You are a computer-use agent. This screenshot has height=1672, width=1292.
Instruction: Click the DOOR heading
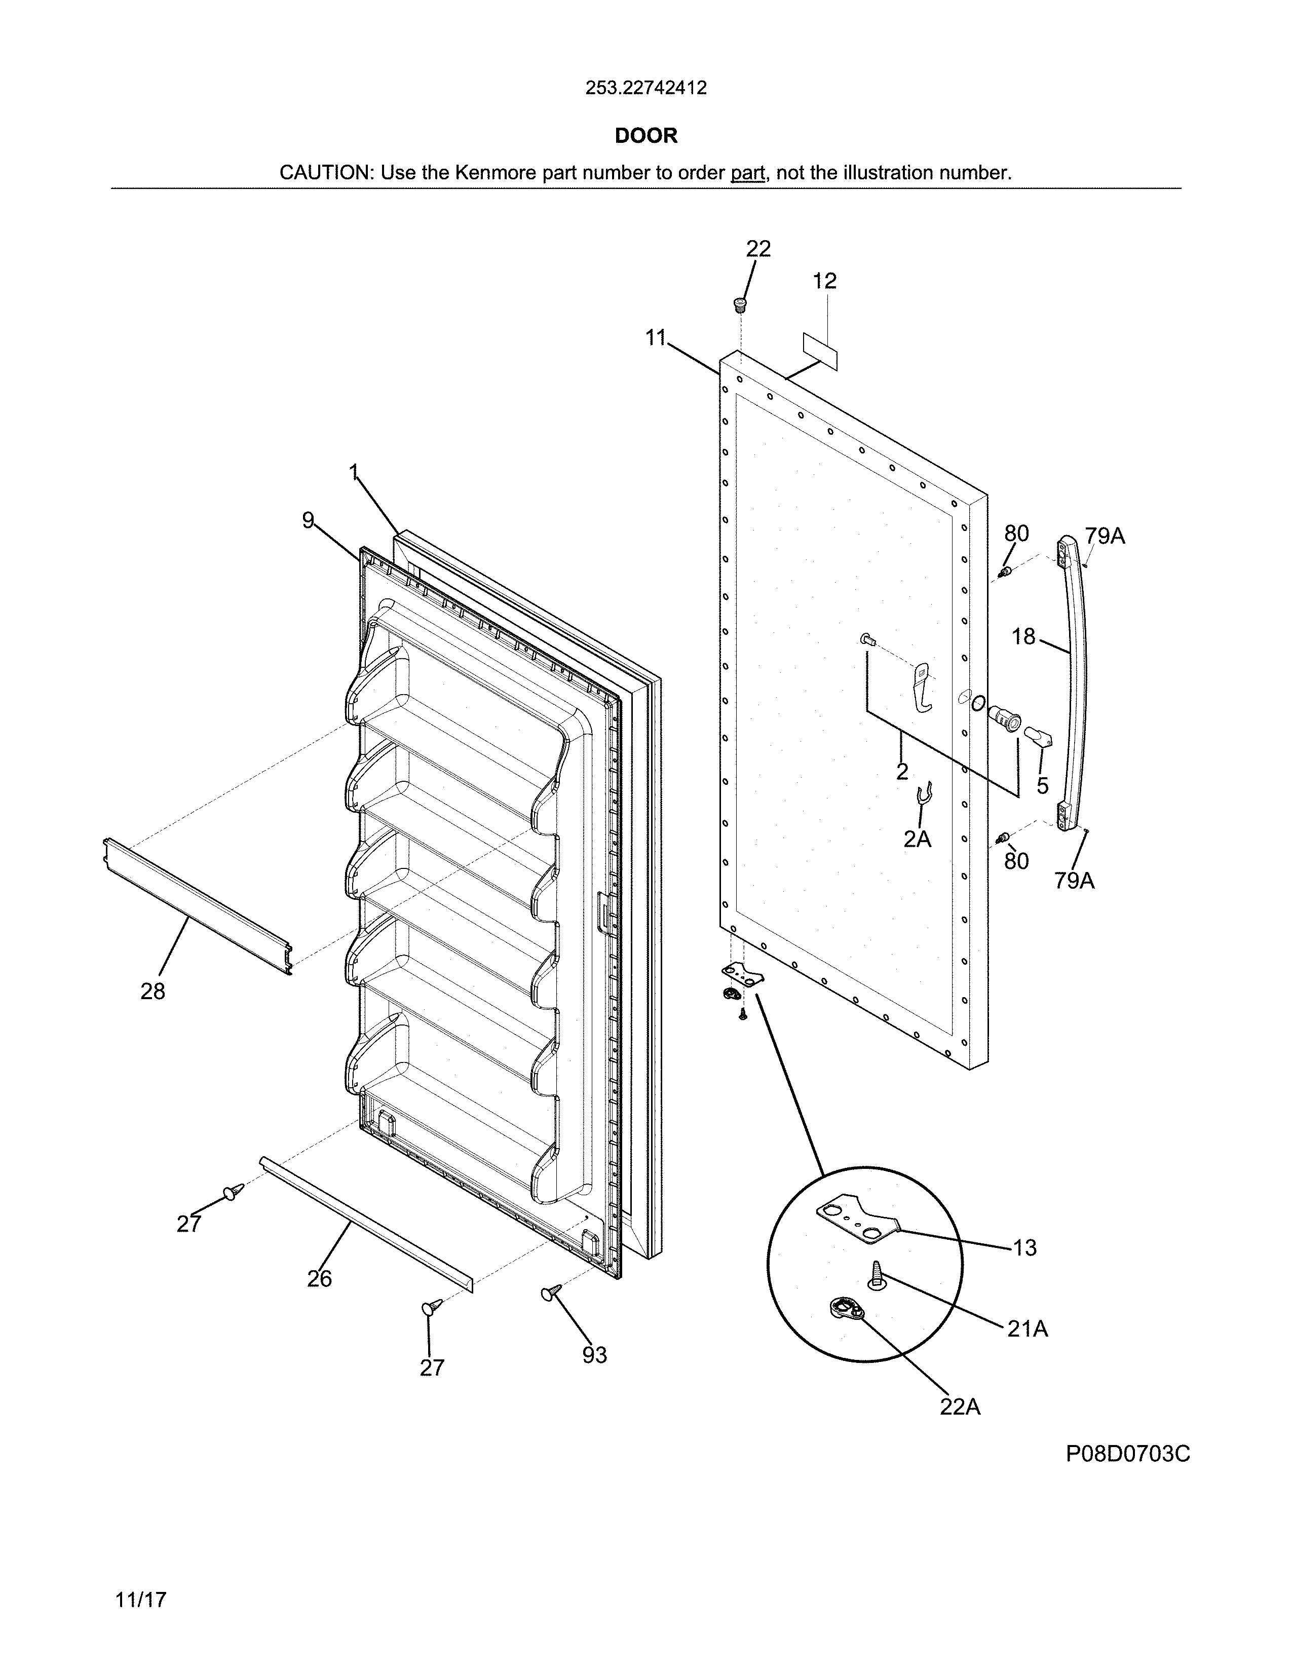tap(646, 135)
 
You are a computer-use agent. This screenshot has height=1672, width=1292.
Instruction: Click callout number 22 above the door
tap(758, 248)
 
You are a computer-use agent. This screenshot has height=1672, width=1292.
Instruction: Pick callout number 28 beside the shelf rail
tap(153, 992)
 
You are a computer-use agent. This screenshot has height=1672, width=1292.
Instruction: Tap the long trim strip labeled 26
tap(367, 1226)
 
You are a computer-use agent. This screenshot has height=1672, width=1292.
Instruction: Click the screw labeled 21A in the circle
tap(875, 1275)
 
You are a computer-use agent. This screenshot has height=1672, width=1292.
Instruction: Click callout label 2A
tap(917, 839)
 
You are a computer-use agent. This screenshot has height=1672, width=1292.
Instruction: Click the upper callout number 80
tap(1016, 533)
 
